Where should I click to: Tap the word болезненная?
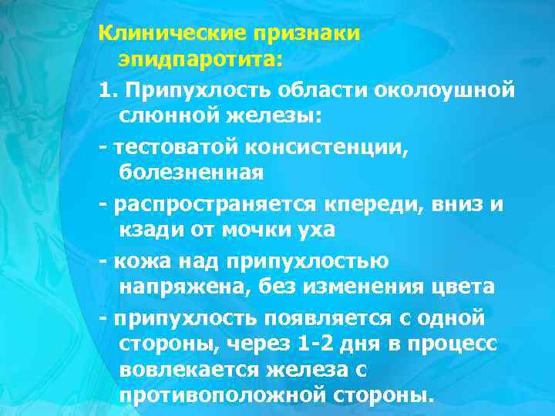(191, 172)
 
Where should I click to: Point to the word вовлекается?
(189, 371)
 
